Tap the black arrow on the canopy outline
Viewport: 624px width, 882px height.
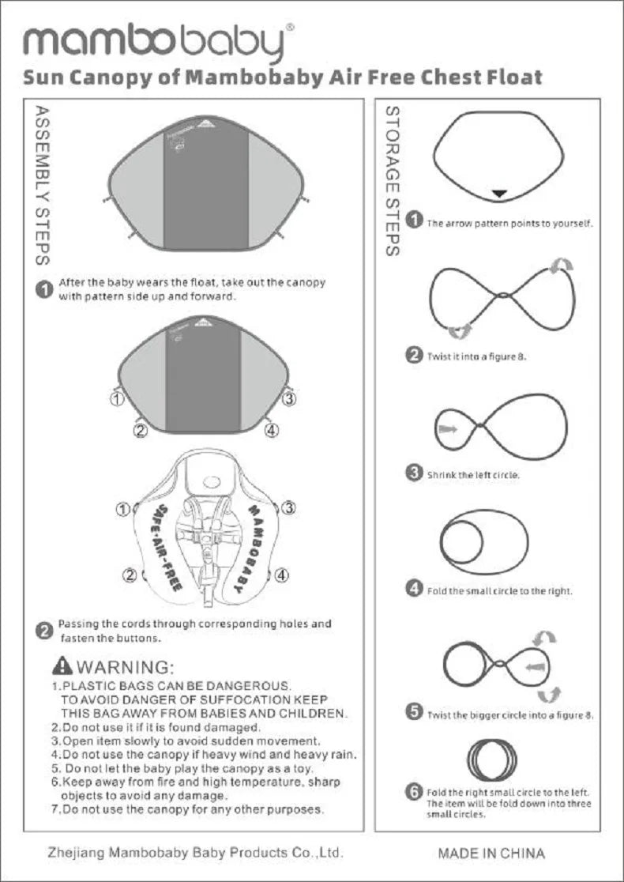coord(500,193)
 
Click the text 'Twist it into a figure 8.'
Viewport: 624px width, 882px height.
coord(477,356)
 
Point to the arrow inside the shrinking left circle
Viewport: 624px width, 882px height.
coord(448,428)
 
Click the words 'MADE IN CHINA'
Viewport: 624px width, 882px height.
coord(491,854)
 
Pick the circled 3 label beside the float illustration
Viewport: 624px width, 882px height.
coord(289,508)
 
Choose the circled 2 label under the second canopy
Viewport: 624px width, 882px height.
coord(141,431)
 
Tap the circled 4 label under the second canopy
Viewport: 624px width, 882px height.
coord(271,431)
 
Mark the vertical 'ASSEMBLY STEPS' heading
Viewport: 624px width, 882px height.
coord(44,186)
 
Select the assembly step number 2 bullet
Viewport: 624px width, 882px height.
coord(45,630)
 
